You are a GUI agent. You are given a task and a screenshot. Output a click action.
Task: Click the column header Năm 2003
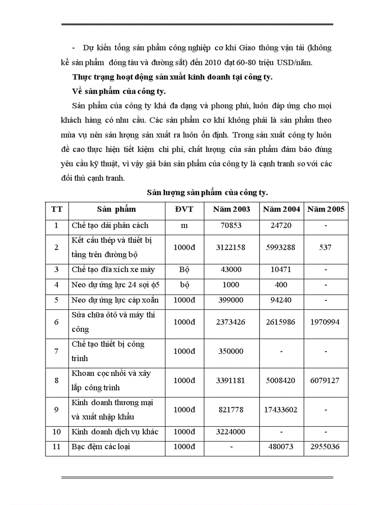click(232, 209)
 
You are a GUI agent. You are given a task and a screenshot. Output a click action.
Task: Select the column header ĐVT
click(184, 209)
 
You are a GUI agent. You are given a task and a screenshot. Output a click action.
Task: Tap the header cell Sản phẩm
click(116, 209)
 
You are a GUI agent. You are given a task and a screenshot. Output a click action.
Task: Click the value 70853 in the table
click(232, 225)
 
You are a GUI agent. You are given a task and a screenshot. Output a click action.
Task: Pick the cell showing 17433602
click(282, 410)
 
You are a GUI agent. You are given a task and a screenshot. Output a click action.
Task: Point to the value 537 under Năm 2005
click(326, 247)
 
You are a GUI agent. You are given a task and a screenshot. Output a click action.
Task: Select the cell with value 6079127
click(326, 380)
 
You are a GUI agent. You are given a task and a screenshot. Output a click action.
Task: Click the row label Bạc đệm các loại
click(101, 447)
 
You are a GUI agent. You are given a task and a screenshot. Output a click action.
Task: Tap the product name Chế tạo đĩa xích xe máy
click(113, 270)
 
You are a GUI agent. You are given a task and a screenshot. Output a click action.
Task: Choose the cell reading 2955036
click(326, 447)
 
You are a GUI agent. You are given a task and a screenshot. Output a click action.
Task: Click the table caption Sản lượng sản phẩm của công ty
click(207, 192)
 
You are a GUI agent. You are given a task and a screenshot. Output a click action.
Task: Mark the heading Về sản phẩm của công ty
click(119, 92)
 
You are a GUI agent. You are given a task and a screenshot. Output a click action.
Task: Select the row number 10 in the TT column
click(56, 432)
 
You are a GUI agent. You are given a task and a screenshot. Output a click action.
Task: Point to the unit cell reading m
click(184, 225)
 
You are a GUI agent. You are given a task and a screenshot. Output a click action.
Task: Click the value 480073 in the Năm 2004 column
click(282, 447)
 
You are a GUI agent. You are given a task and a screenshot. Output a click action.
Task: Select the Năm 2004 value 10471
click(282, 270)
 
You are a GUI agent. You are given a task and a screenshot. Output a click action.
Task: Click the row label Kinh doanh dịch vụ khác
click(115, 432)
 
